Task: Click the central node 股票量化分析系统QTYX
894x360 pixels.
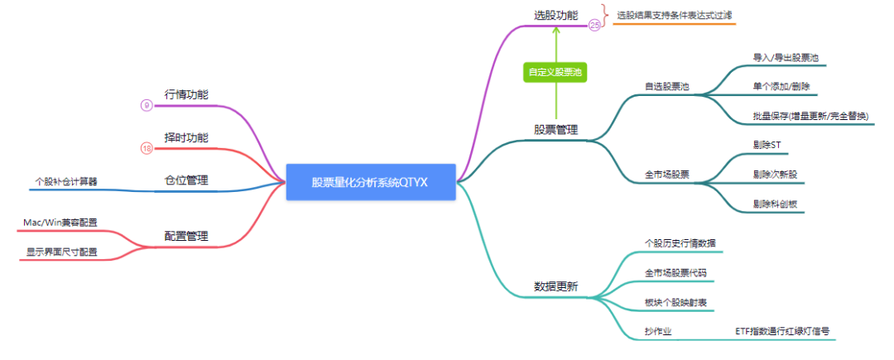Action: pyautogui.click(x=370, y=181)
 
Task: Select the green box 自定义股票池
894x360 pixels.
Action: pyautogui.click(x=555, y=72)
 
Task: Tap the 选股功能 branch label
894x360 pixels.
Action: pyautogui.click(x=555, y=15)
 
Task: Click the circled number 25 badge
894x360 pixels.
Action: pyautogui.click(x=594, y=26)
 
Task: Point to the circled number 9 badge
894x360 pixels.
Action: pyautogui.click(x=147, y=105)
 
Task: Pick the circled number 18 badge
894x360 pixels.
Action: pyautogui.click(x=147, y=148)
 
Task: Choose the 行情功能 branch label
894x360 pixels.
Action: pyautogui.click(x=186, y=94)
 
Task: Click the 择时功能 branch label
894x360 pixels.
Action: pyautogui.click(x=186, y=137)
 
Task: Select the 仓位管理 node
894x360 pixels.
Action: pyautogui.click(x=186, y=180)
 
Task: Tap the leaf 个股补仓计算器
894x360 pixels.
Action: pyautogui.click(x=66, y=180)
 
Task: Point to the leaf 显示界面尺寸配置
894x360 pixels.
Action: pyautogui.click(x=62, y=251)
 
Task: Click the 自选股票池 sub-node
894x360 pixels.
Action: pyautogui.click(x=667, y=86)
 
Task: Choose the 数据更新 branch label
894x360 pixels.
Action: pyautogui.click(x=555, y=286)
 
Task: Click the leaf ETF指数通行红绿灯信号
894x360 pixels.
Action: pyautogui.click(x=782, y=330)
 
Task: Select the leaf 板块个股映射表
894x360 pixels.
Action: pyautogui.click(x=675, y=301)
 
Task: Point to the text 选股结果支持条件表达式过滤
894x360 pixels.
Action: pyautogui.click(x=674, y=15)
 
